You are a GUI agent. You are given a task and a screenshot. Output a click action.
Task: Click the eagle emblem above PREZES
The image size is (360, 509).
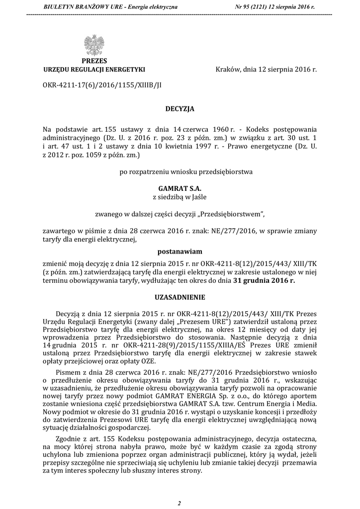(x=94, y=44)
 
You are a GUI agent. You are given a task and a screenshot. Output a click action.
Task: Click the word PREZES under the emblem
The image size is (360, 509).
(x=94, y=61)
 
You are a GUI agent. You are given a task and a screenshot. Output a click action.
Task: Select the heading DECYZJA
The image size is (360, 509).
(x=180, y=108)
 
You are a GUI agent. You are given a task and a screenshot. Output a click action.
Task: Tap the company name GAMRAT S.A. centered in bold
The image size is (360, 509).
(x=180, y=189)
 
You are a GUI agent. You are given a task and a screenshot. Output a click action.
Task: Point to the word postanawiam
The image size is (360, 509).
(x=180, y=251)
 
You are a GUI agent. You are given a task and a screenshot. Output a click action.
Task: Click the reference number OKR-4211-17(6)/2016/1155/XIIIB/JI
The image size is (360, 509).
(x=102, y=85)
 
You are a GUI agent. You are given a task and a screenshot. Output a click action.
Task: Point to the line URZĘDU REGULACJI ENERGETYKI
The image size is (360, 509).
(x=94, y=69)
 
